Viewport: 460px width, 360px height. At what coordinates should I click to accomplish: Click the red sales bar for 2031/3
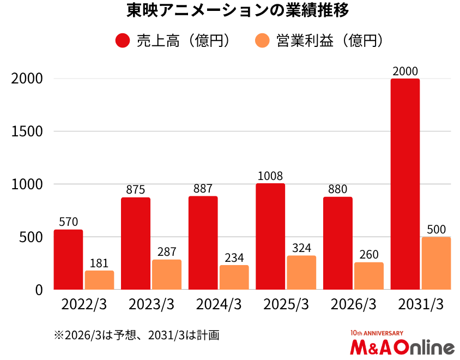405,184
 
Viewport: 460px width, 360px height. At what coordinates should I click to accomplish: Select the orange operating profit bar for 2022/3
99,280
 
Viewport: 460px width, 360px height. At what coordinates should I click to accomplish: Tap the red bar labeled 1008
270,236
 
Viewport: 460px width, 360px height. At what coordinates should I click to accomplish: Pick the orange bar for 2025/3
301,272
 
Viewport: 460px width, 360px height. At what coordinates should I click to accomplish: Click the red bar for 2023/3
136,243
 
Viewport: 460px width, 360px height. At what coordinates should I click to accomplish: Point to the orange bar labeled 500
436,263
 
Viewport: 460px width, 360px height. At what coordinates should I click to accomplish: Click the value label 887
203,189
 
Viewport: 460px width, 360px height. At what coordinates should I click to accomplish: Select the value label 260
369,255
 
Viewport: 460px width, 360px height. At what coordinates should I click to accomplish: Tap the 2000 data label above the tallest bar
405,71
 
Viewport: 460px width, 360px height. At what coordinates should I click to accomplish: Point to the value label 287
167,252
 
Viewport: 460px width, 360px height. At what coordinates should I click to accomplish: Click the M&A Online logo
402,345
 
